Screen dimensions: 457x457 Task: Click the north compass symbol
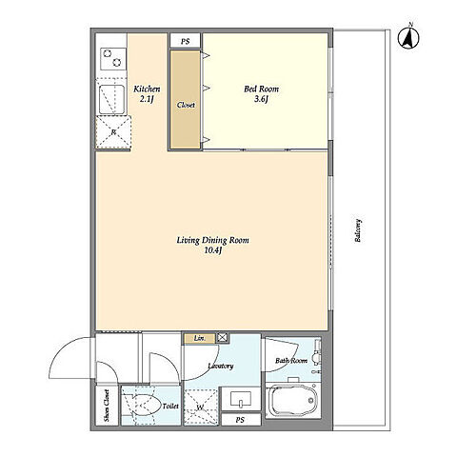pyautogui.click(x=408, y=37)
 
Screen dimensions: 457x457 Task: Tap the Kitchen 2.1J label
pyautogui.click(x=147, y=94)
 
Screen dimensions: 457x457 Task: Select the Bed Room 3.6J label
pyautogui.click(x=261, y=94)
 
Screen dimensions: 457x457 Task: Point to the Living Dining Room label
pyautogui.click(x=212, y=240)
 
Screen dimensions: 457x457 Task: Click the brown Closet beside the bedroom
pyautogui.click(x=186, y=99)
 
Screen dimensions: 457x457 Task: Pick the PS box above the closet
pyautogui.click(x=186, y=41)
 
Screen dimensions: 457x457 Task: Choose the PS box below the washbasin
pyautogui.click(x=241, y=420)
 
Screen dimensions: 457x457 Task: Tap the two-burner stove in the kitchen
pyautogui.click(x=113, y=59)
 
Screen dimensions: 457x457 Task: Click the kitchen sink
pyautogui.click(x=111, y=99)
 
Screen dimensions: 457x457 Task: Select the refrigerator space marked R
pyautogui.click(x=113, y=132)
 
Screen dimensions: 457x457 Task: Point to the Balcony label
pyautogui.click(x=358, y=230)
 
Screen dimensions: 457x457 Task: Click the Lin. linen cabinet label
pyautogui.click(x=200, y=338)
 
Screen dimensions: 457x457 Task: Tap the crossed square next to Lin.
pyautogui.click(x=223, y=338)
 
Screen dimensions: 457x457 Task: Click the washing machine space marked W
pyautogui.click(x=201, y=407)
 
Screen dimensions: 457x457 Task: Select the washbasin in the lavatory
pyautogui.click(x=241, y=399)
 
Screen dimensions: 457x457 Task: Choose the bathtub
pyautogui.click(x=292, y=401)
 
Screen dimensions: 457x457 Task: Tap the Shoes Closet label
pyautogui.click(x=107, y=406)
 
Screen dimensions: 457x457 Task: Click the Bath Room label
pyautogui.click(x=291, y=361)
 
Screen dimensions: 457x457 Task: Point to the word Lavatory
pyautogui.click(x=221, y=366)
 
